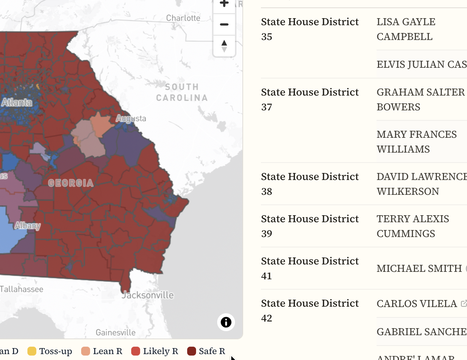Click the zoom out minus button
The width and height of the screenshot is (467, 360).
pyautogui.click(x=224, y=24)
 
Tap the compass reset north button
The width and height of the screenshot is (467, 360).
pyautogui.click(x=224, y=46)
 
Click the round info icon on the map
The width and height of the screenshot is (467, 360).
pyautogui.click(x=226, y=322)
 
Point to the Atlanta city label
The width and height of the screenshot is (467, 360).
pyautogui.click(x=17, y=102)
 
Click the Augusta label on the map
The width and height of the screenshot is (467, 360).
pyautogui.click(x=131, y=119)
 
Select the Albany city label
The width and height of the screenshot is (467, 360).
pyautogui.click(x=27, y=226)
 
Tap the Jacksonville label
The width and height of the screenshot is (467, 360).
pyautogui.click(x=148, y=295)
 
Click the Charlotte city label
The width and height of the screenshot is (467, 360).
pyautogui.click(x=183, y=18)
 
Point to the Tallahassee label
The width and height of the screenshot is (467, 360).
pyautogui.click(x=21, y=289)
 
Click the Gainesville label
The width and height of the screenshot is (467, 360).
pyautogui.click(x=115, y=333)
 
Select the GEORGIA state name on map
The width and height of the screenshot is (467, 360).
pyautogui.click(x=70, y=183)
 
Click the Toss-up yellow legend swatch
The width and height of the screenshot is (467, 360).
pyautogui.click(x=32, y=351)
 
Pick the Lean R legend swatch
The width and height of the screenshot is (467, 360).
pyautogui.click(x=86, y=351)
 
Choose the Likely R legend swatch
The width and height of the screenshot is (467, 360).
pyautogui.click(x=136, y=351)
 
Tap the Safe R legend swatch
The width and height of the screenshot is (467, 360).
pyautogui.click(x=192, y=351)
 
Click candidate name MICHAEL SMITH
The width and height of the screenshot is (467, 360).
pyautogui.click(x=419, y=268)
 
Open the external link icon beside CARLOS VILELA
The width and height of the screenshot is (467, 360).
pyautogui.click(x=463, y=304)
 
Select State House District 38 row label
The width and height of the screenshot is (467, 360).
pyautogui.click(x=309, y=184)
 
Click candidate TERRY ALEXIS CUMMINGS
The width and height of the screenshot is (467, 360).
pyautogui.click(x=413, y=226)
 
